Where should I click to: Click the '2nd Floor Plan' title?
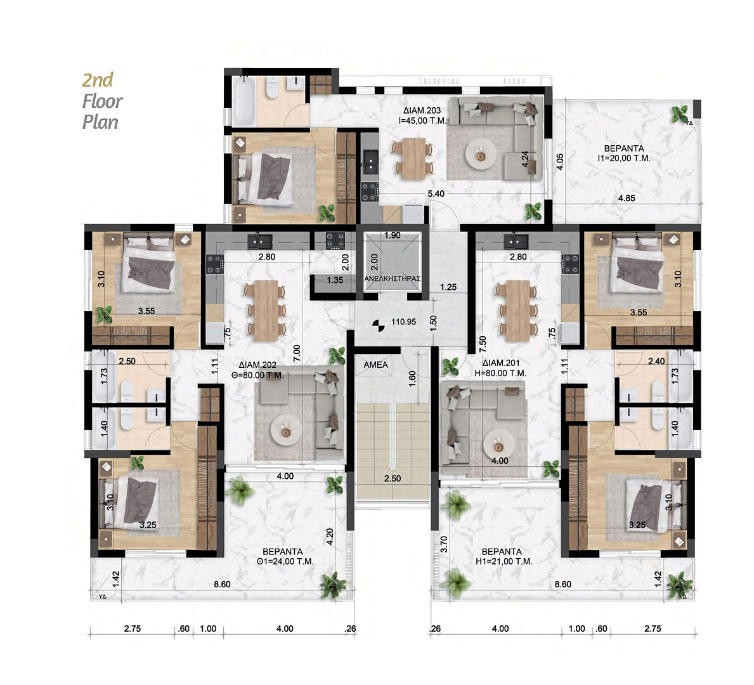pyautogui.click(x=102, y=101)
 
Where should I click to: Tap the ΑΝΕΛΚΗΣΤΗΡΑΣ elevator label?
pyautogui.click(x=393, y=278)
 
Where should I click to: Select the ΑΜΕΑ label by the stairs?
pyautogui.click(x=375, y=365)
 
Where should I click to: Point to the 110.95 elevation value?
pyautogui.click(x=403, y=322)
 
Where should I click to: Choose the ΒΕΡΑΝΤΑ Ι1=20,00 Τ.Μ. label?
pyautogui.click(x=624, y=153)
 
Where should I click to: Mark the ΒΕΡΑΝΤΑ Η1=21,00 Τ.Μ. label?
pyautogui.click(x=502, y=556)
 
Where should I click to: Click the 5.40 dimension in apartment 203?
pyautogui.click(x=436, y=194)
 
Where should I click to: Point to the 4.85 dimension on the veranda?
pyautogui.click(x=627, y=198)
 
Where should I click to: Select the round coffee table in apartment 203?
pyautogui.click(x=481, y=154)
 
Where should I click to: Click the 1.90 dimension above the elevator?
pyautogui.click(x=393, y=235)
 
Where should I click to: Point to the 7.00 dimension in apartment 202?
pyautogui.click(x=297, y=353)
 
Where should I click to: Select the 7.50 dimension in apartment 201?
pyautogui.click(x=483, y=344)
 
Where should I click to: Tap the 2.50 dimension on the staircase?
pyautogui.click(x=393, y=478)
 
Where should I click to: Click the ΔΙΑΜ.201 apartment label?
pyautogui.click(x=501, y=363)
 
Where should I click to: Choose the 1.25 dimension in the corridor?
pyautogui.click(x=448, y=287)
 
